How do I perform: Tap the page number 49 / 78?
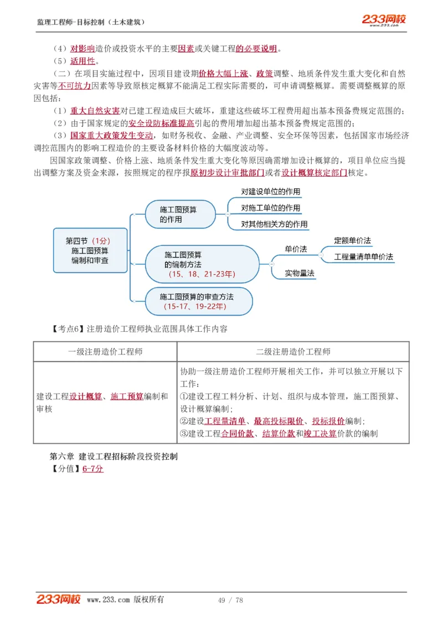point(231,600)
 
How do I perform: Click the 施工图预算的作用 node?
point(179,214)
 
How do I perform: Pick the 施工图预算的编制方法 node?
point(202,264)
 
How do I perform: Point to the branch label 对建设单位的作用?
point(271,192)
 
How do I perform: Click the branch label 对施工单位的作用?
point(271,208)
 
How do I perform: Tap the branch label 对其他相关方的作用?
point(274,224)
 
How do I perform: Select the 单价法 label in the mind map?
point(296,249)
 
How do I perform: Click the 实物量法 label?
point(300,273)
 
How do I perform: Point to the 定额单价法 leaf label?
point(352,241)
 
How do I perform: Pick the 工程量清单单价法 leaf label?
point(363,257)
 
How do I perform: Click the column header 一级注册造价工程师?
point(105,352)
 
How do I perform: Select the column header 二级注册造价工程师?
point(293,352)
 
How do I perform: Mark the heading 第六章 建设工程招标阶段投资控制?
point(114,456)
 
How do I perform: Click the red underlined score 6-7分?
point(93,469)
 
